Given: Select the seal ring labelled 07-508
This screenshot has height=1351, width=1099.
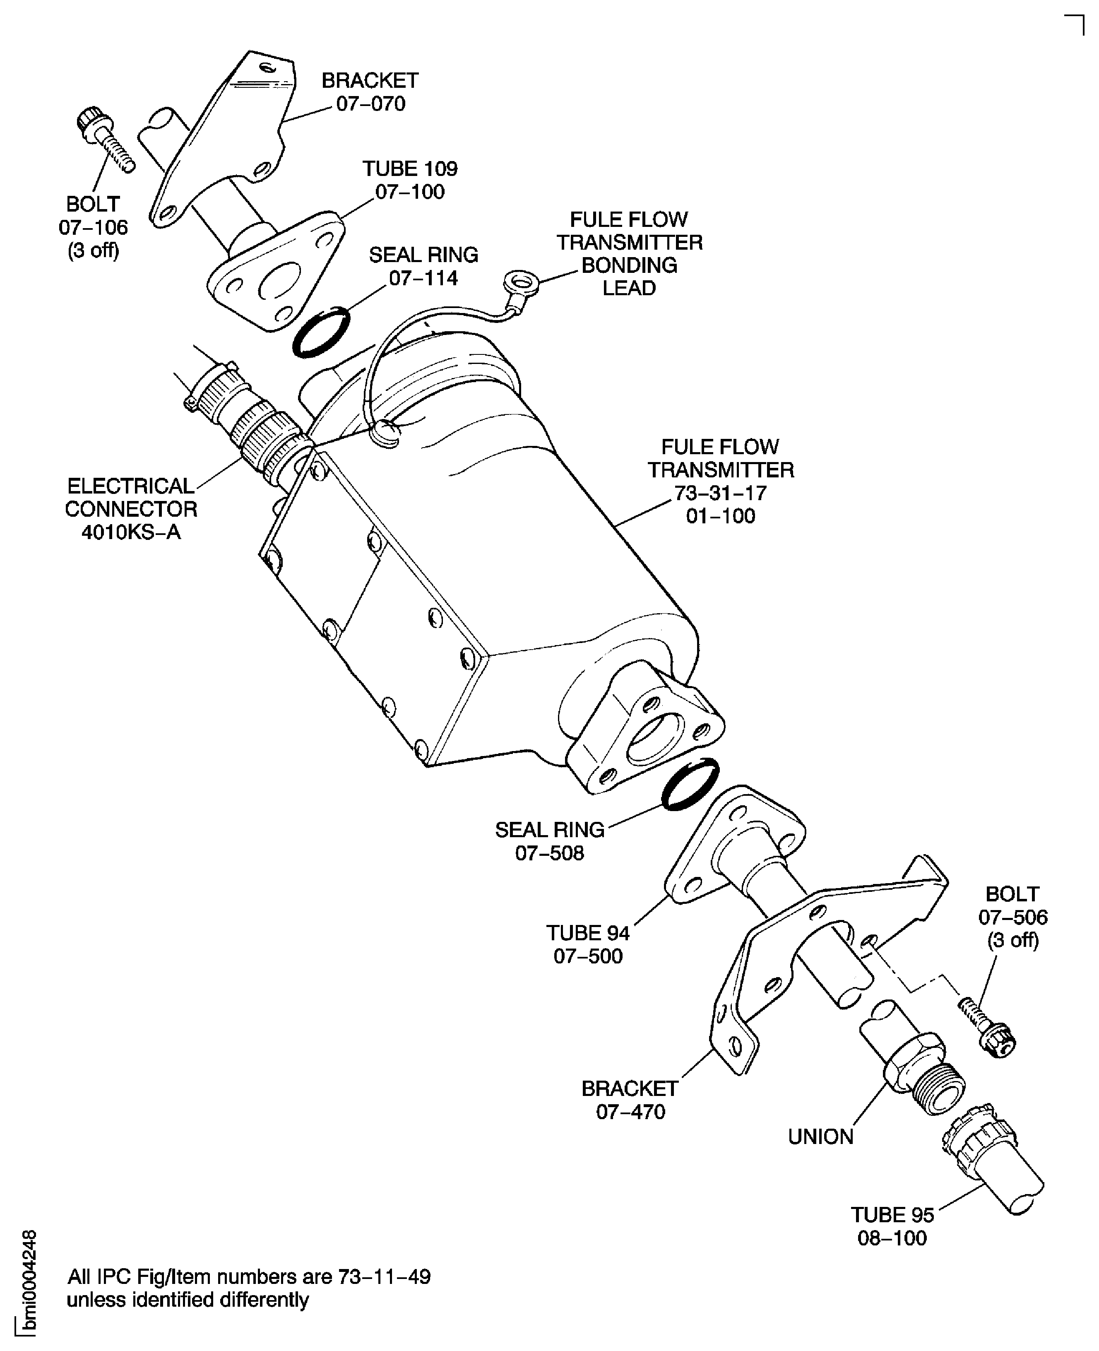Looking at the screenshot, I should [690, 784].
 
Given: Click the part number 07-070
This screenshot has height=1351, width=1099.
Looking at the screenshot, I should [370, 104].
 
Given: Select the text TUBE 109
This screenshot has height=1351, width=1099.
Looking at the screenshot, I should [410, 169].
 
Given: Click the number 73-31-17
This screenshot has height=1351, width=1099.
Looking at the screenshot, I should [720, 493].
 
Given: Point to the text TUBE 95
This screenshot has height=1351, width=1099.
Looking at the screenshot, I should [892, 1215].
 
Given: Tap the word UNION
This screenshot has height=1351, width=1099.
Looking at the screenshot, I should [820, 1137].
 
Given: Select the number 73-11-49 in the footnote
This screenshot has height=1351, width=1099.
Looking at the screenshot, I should [384, 1276].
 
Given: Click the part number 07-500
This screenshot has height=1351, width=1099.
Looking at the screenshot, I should [588, 956].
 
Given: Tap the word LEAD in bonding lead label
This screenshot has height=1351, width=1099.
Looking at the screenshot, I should [629, 288].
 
